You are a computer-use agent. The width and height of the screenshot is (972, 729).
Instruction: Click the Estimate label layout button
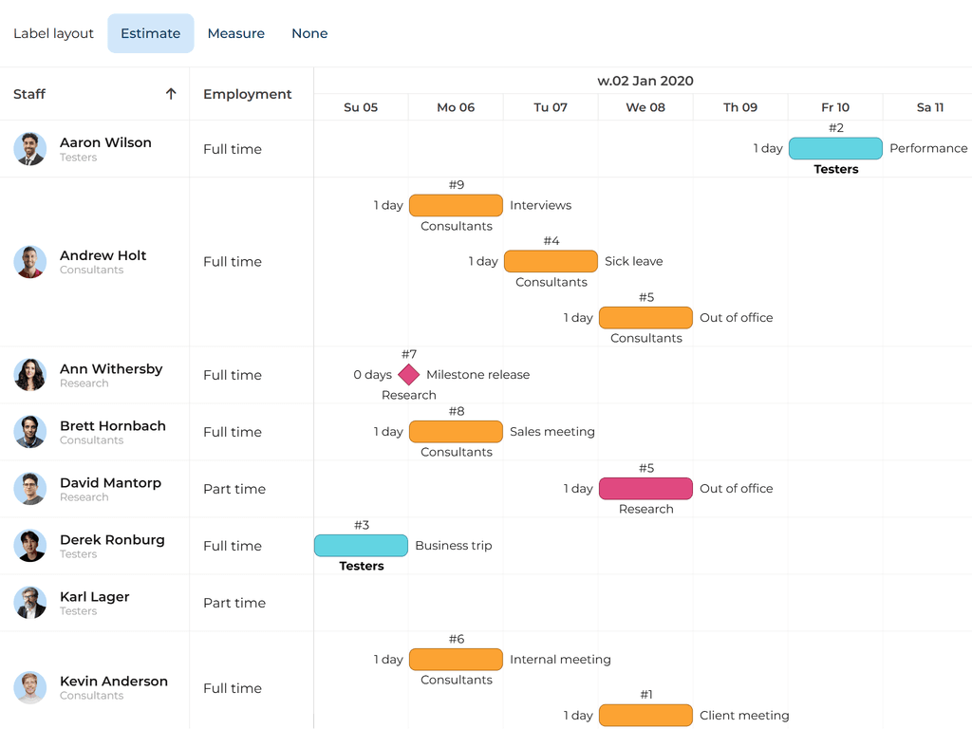(150, 33)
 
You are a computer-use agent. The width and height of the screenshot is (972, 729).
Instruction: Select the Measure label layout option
(235, 33)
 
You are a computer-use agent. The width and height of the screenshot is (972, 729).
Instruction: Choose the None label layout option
(309, 33)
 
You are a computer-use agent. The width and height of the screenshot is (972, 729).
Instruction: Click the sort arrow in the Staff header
(171, 94)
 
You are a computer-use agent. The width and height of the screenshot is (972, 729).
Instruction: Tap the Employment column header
(247, 94)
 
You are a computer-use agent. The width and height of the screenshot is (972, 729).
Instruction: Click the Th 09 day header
(740, 107)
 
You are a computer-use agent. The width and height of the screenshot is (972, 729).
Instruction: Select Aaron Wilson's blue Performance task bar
(835, 148)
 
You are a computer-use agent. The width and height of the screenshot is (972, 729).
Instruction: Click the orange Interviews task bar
(456, 205)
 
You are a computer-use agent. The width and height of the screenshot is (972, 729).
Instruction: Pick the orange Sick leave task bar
(551, 261)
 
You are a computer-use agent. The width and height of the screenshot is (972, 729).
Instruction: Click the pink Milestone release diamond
(409, 375)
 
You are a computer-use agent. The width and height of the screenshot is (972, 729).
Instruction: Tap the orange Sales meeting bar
(456, 432)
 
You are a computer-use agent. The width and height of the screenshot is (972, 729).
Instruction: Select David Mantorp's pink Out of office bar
(645, 489)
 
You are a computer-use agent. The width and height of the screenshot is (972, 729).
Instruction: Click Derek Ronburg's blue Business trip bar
(361, 546)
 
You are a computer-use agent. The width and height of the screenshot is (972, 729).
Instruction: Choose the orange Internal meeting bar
(456, 660)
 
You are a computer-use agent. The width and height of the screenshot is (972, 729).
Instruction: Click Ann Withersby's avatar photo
(30, 375)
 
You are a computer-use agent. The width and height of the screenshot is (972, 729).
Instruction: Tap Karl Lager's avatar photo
(30, 603)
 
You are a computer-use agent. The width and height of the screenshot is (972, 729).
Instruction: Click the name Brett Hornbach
(112, 426)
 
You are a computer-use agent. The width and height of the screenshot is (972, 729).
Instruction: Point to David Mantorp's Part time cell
(234, 489)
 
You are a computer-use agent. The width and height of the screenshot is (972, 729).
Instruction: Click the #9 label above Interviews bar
(457, 185)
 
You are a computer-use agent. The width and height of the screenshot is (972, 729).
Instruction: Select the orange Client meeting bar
(645, 716)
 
